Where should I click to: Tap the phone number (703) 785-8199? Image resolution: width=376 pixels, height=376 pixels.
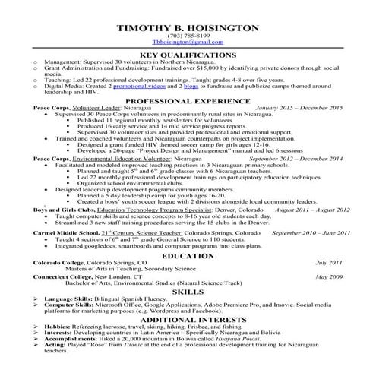pos(188,37)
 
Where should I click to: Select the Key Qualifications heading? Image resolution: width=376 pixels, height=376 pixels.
pos(188,56)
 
